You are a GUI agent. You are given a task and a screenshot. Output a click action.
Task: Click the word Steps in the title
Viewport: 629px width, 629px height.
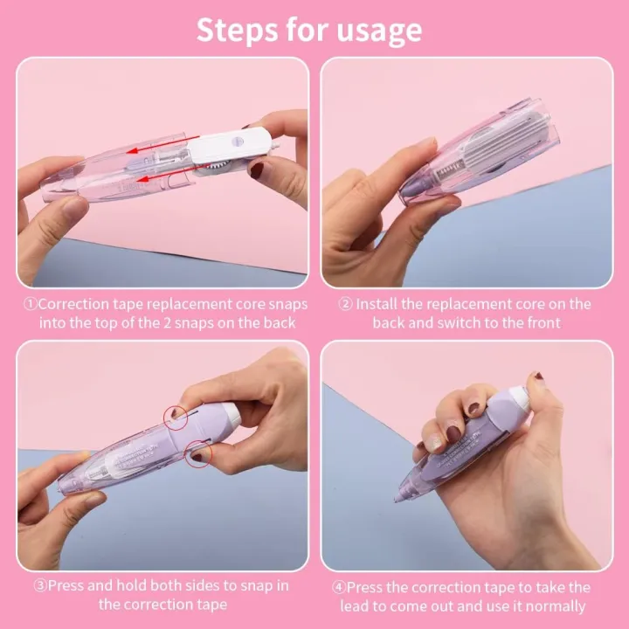(238, 30)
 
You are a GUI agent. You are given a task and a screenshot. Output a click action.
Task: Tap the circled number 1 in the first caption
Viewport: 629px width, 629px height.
(30, 305)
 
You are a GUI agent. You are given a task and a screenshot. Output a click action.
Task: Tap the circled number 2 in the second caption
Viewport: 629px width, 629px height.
(345, 305)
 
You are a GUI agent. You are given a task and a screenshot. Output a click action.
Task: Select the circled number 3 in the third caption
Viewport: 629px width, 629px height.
(40, 586)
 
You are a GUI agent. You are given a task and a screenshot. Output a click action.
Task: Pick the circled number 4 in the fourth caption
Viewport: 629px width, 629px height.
(339, 588)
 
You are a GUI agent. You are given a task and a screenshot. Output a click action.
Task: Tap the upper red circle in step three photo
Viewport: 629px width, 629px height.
(176, 418)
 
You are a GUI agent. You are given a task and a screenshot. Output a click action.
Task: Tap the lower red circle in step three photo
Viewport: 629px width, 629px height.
(198, 453)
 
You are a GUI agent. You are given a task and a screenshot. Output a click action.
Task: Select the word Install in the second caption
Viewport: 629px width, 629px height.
(377, 305)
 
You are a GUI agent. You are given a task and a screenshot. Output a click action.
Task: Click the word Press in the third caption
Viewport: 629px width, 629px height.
(66, 586)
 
